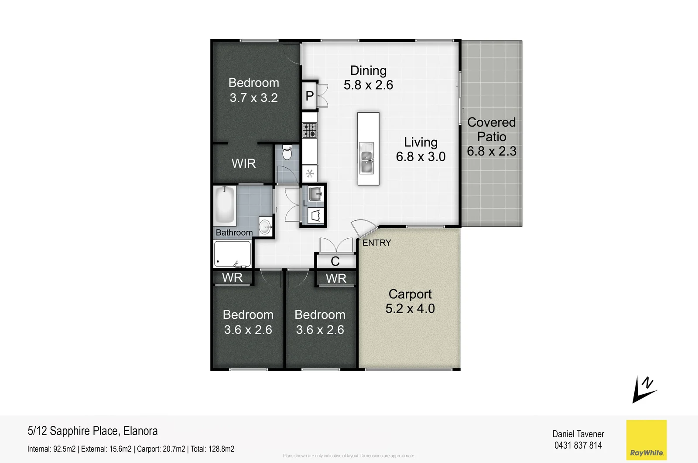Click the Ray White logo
(646, 440)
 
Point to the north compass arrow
(644, 389)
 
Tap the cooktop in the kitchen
(310, 130)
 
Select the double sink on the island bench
(366, 157)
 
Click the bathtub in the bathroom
(225, 205)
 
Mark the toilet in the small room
(287, 152)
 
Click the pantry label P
(309, 96)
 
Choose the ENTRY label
(376, 243)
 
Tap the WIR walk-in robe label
(243, 163)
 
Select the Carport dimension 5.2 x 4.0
(410, 308)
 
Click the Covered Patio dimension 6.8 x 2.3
(491, 151)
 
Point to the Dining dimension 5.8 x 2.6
(368, 85)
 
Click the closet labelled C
(335, 261)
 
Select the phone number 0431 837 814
(578, 445)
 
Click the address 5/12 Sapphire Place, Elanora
(92, 431)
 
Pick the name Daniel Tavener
(578, 434)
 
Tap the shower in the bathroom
(233, 254)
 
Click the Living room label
(421, 142)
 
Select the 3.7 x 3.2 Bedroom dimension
(253, 98)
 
